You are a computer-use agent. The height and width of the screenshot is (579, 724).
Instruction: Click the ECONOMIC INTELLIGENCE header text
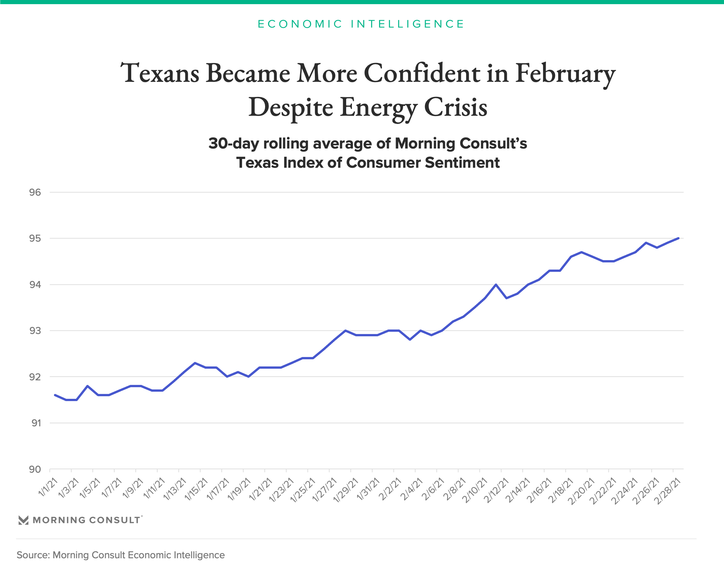[361, 24]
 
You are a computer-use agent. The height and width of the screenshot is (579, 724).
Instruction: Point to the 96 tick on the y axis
[35, 192]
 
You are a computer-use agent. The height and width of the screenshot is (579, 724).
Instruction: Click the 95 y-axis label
[35, 239]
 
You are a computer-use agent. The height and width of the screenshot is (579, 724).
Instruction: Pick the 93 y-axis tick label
[35, 331]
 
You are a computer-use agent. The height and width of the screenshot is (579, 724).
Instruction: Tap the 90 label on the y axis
[35, 469]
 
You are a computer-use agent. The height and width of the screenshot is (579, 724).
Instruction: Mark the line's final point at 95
[678, 238]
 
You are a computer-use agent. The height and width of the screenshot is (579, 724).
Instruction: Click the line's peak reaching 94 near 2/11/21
[496, 285]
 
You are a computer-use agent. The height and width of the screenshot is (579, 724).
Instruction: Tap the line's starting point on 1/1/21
[55, 395]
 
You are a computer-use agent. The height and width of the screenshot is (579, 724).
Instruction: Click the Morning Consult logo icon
[23, 520]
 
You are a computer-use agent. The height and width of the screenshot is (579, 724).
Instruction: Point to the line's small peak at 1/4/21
[87, 386]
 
